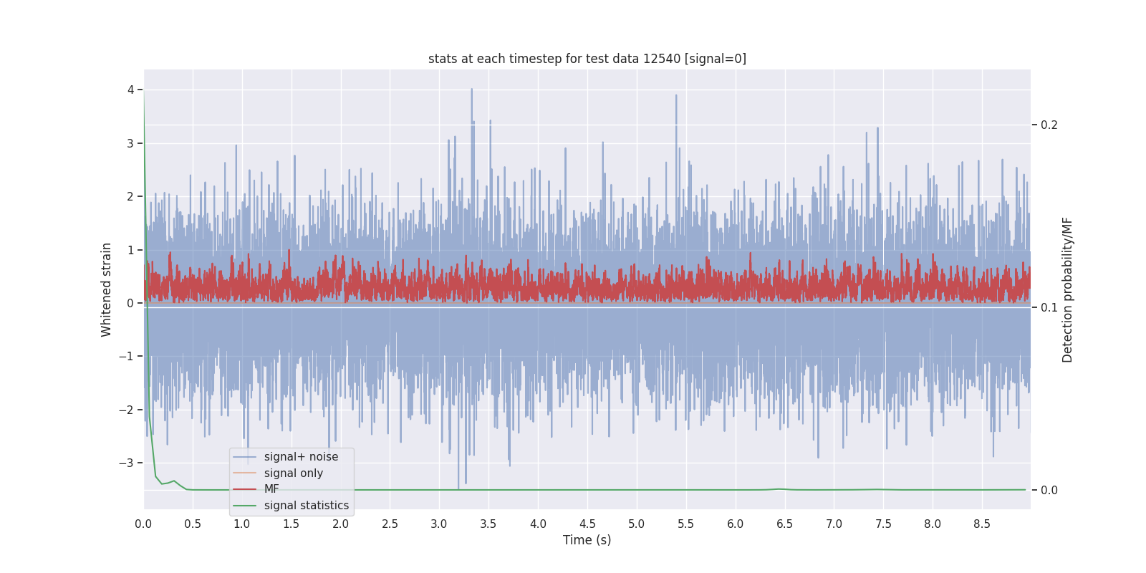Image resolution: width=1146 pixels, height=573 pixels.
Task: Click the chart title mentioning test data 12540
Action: pos(587,59)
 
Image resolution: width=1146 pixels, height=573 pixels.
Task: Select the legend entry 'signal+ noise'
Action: pos(301,457)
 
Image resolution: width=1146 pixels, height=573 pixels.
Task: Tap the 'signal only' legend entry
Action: pos(293,473)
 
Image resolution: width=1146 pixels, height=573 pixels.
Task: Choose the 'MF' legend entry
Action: pos(271,489)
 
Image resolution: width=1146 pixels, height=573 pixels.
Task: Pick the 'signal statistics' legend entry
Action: pos(306,506)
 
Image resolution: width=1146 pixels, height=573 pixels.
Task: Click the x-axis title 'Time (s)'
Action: pos(587,540)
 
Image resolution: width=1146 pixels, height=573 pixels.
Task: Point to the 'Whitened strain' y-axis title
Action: pos(107,289)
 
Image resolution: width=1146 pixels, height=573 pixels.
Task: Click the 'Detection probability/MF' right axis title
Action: pos(1067,289)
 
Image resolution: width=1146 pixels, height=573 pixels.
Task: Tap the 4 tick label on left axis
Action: pos(131,90)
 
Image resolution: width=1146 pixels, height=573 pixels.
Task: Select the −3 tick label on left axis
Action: pos(127,463)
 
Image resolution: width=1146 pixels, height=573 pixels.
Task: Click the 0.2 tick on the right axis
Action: pos(1049,125)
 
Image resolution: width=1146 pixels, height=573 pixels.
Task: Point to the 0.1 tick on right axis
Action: pos(1049,307)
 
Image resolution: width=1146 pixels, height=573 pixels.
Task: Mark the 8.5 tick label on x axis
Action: pos(981,524)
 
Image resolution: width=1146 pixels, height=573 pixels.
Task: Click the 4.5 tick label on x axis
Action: pos(587,524)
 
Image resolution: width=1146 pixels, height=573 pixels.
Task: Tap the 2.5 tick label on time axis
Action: pos(390,524)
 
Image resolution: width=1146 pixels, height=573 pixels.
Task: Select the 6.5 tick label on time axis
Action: pos(784,524)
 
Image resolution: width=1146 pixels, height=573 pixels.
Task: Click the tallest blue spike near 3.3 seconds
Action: pos(471,90)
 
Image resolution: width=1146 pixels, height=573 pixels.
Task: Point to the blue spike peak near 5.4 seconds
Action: pos(675,95)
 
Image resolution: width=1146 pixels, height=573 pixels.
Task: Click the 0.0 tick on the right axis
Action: pos(1049,490)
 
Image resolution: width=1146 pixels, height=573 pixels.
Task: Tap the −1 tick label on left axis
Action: pos(127,356)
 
